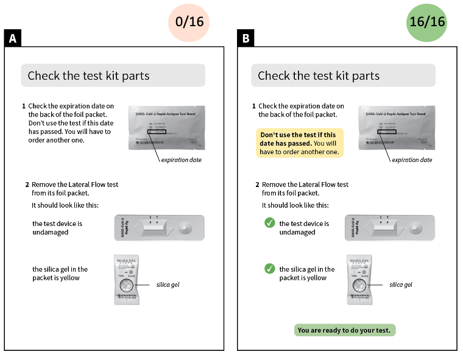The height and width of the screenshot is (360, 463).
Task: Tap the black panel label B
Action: click(246, 39)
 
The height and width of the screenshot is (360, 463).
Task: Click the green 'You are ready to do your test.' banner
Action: click(345, 330)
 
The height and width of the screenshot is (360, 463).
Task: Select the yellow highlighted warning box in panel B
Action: click(300, 143)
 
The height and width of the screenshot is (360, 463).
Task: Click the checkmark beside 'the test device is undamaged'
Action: click(270, 224)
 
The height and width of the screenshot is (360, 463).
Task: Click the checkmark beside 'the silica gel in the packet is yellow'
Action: click(270, 269)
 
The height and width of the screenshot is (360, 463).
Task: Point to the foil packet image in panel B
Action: click(398, 127)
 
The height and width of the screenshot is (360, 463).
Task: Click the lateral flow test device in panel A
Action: click(159, 228)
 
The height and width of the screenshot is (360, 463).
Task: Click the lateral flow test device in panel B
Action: click(390, 228)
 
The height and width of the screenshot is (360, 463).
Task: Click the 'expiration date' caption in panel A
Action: click(181, 160)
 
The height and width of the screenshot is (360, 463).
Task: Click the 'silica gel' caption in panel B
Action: click(400, 284)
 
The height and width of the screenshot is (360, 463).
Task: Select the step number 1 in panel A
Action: click(24, 106)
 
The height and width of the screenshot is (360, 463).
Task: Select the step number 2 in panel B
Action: click(257, 185)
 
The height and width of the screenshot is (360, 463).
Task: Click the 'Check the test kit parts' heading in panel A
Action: click(88, 76)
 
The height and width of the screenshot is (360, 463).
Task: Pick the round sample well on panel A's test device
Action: click(186, 230)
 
